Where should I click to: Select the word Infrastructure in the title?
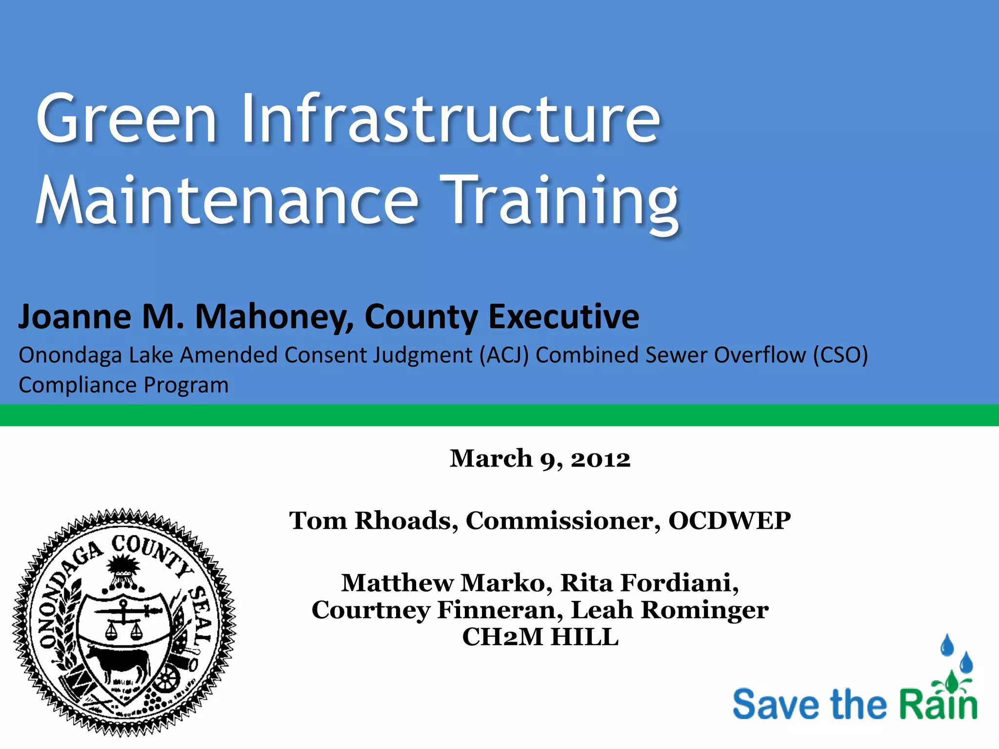tap(451, 119)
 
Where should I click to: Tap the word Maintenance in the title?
tap(227, 201)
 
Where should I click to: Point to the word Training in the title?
tap(561, 202)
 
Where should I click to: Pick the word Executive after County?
tap(563, 317)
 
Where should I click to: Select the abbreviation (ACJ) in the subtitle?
tap(504, 355)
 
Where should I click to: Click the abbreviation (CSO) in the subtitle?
tap(840, 355)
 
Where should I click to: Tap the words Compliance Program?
tap(123, 385)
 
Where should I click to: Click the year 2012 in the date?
tap(600, 459)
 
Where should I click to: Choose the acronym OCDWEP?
tap(729, 521)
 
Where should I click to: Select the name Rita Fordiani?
tap(649, 583)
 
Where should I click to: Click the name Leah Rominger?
tap(670, 610)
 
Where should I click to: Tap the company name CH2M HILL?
tap(540, 637)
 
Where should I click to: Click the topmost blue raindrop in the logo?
tap(947, 645)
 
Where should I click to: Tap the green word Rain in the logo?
tap(938, 705)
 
